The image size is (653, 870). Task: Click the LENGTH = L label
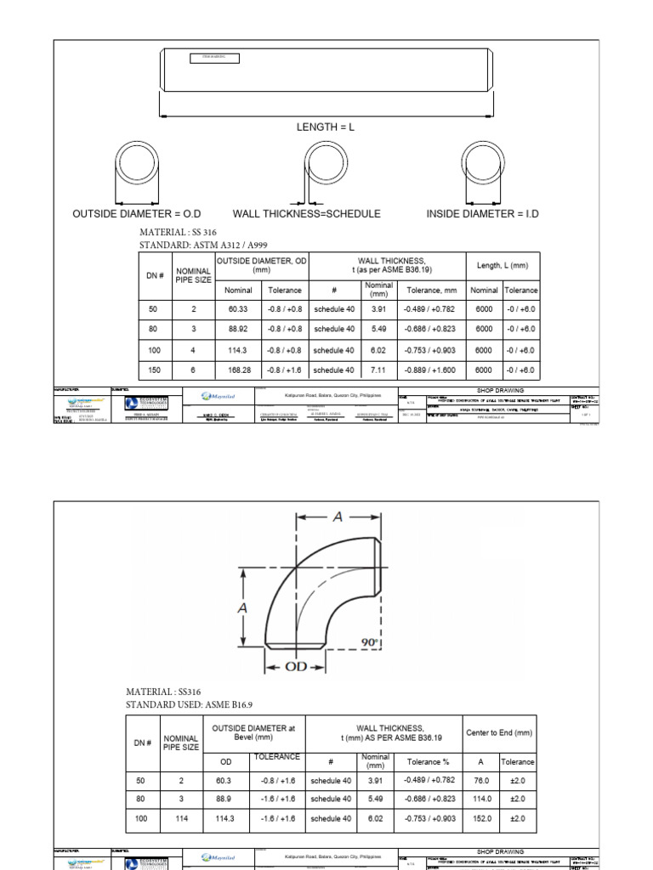324,127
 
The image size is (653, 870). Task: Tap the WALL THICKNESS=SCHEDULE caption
306,213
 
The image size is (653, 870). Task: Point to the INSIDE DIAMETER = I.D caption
482,213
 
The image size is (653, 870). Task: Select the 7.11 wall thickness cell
378,370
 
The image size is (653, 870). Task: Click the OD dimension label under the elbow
295,667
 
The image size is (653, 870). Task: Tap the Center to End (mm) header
499,732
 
